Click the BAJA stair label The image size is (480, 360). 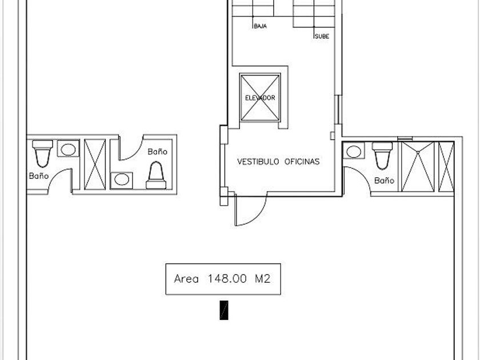pos(260,26)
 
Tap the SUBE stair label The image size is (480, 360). pos(322,36)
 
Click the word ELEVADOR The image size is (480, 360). pos(260,98)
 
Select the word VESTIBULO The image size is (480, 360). pos(258,161)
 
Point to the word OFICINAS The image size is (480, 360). pos(302,161)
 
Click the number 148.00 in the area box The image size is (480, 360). pos(227,279)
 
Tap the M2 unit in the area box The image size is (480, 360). pos(263,279)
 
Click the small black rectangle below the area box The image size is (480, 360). pos(224,310)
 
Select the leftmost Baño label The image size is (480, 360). pos(39,176)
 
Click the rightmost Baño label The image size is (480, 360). pos(384,181)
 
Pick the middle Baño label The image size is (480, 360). pos(157,151)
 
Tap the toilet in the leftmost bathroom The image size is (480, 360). pos(42,154)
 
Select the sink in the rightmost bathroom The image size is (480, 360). pos(354,151)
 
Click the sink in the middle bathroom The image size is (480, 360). pos(122,181)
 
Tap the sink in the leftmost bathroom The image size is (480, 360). pos(68,149)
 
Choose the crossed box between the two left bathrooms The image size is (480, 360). pos(95,165)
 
